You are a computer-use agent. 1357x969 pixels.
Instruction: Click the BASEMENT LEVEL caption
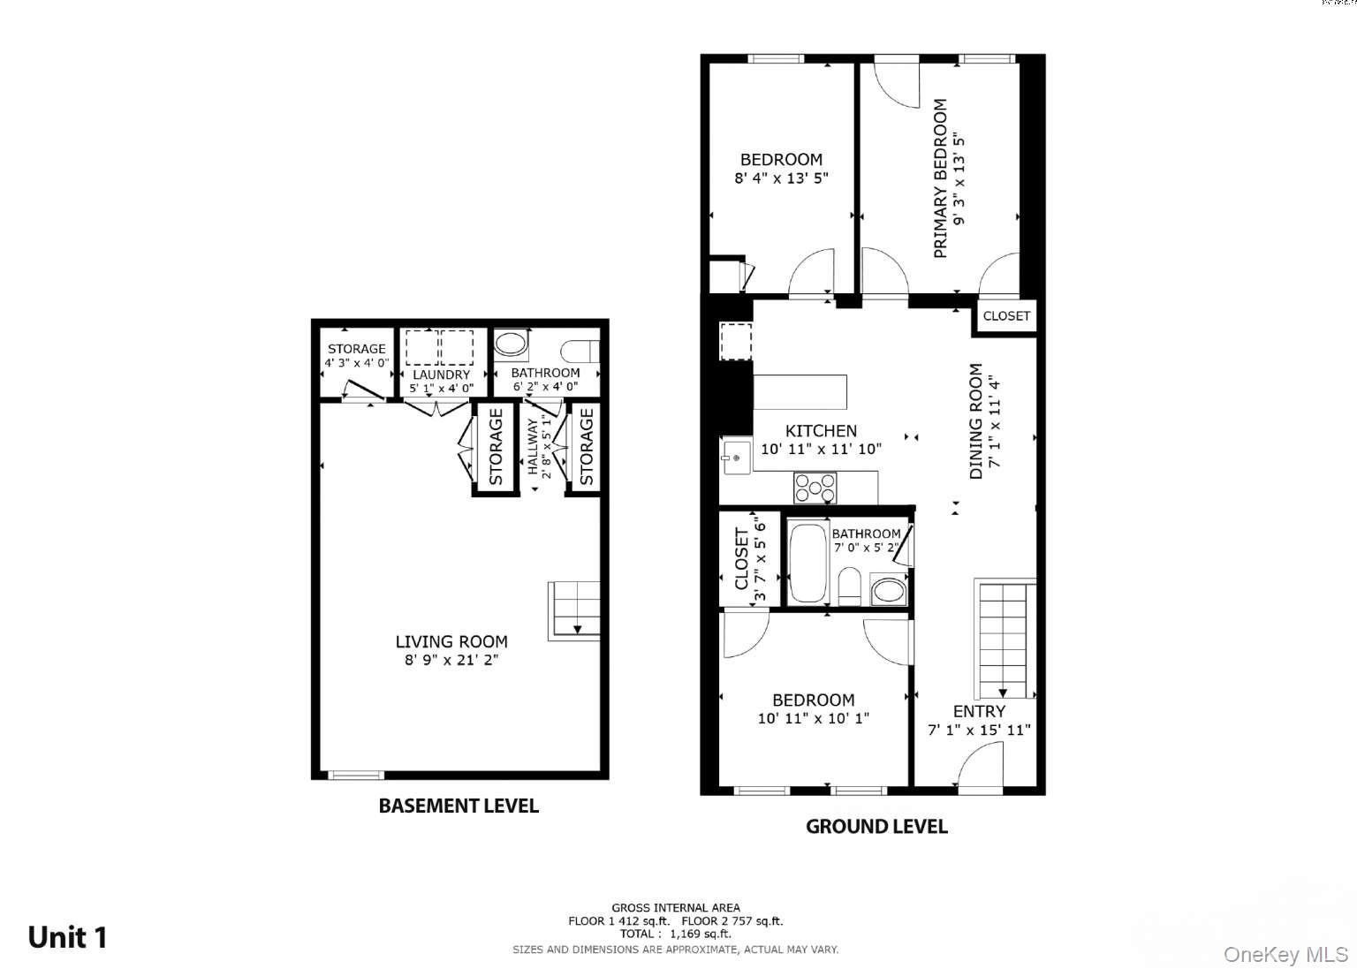459,806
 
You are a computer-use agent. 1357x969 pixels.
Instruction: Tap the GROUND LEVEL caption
876,827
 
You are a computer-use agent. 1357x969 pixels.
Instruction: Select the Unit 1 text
67,937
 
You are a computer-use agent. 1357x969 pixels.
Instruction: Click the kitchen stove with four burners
815,488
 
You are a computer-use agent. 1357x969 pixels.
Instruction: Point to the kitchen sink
734,457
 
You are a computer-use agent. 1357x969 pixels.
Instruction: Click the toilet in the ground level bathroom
850,586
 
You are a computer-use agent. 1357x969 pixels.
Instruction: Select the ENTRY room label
979,711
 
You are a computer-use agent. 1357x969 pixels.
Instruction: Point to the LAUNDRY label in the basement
441,375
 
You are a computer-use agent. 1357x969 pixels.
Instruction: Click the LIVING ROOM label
451,642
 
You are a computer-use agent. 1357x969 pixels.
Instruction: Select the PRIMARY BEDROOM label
940,178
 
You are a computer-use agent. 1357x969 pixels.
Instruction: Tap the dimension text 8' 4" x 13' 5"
781,178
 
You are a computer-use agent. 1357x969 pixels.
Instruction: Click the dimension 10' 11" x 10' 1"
813,718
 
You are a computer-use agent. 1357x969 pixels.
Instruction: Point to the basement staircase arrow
577,629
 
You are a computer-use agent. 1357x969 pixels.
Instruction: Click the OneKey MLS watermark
1285,955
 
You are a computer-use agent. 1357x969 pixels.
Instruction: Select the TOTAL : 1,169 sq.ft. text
676,934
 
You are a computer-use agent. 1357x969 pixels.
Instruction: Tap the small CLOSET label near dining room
1006,315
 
